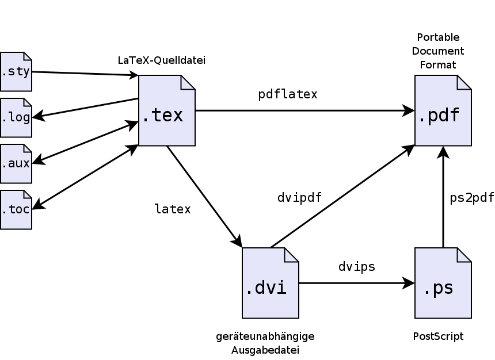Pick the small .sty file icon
(16, 72)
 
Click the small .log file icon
(16, 118)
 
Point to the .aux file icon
(16, 164)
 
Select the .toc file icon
(16, 210)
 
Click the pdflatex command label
(287, 94)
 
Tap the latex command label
(172, 209)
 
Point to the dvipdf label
(299, 198)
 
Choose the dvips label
(356, 267)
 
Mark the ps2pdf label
(471, 198)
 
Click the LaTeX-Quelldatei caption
(161, 60)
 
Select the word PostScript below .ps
(438, 336)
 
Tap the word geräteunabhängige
(265, 336)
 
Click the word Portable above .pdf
(438, 37)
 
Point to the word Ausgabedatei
(265, 350)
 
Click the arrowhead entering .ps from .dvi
(409, 283)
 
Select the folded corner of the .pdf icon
(464, 82)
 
